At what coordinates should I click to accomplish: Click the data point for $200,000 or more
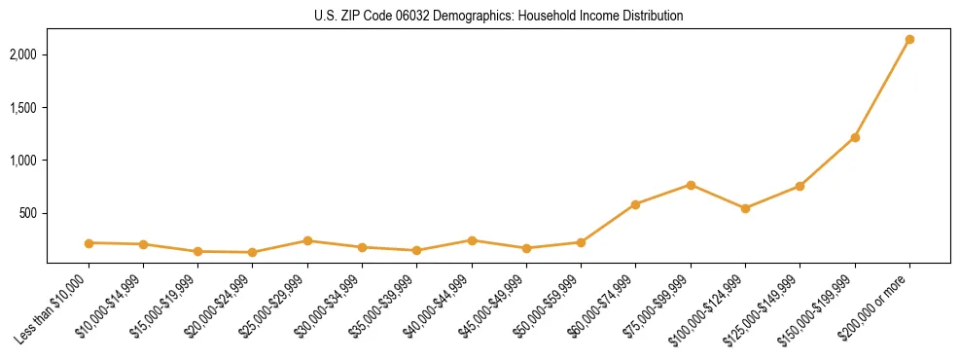coord(909,40)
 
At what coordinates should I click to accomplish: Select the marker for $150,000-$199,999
coord(855,137)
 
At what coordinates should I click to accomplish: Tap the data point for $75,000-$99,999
coord(691,185)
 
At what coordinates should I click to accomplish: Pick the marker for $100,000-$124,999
coord(745,208)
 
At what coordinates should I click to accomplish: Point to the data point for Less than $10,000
coord(89,243)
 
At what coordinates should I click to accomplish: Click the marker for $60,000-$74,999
coord(636,204)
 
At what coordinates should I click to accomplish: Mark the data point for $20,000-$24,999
coord(253,252)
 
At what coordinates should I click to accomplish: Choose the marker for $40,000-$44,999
coord(472,240)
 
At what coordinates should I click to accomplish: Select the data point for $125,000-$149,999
coord(800,186)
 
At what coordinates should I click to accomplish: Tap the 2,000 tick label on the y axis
coord(24,54)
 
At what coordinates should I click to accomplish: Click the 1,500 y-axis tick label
coord(24,107)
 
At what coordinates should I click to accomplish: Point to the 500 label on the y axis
coord(29,213)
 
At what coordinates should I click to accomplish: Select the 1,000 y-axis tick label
coord(24,161)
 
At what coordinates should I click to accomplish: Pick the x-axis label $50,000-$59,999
coord(548,309)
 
